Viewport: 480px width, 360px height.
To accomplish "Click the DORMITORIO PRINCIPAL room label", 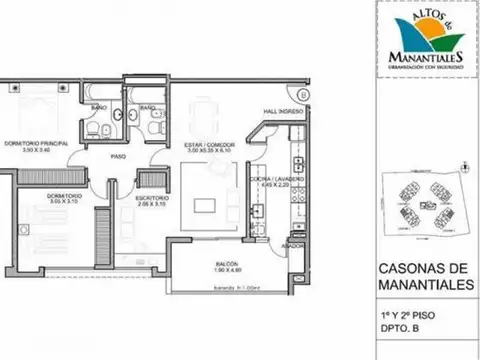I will tap(38, 144).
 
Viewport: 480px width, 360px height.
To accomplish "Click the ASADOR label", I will tap(292, 245).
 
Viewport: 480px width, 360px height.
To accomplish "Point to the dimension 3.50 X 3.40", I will tap(38, 151).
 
